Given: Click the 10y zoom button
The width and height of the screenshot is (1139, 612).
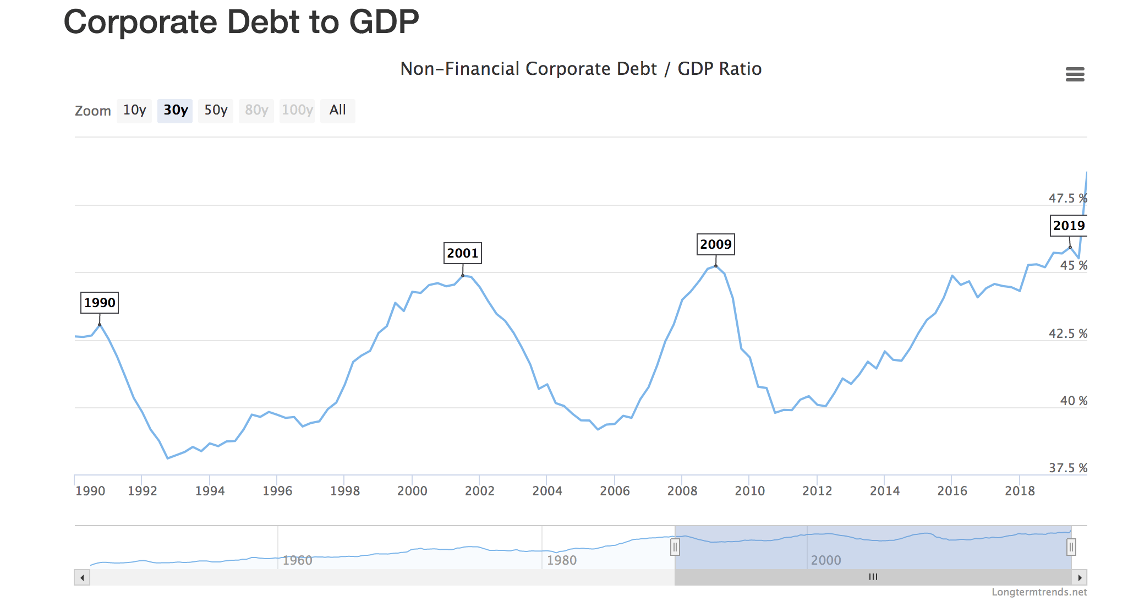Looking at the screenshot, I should pos(134,111).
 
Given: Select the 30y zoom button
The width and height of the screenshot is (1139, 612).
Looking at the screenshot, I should pos(175,111).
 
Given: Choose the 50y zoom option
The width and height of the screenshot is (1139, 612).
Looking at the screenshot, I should pos(216,111).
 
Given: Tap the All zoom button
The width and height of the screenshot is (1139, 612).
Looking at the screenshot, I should pos(337,111).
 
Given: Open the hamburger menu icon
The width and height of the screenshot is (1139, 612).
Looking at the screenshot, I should pos(1075,74).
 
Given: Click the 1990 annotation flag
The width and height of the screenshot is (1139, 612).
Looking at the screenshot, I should pos(100,303).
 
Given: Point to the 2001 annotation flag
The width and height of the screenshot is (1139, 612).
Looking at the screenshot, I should pos(463,253).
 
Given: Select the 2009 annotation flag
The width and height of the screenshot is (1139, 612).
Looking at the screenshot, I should pos(716,244).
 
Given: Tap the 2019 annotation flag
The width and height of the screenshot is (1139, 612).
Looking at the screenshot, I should pos(1069,226).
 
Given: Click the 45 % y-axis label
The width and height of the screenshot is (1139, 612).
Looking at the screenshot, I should pos(1073,266).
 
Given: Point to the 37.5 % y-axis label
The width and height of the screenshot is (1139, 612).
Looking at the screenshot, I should pos(1067,468).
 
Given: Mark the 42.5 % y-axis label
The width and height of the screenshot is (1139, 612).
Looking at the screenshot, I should pos(1067,334).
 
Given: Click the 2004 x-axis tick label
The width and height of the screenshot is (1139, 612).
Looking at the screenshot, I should pos(547,491).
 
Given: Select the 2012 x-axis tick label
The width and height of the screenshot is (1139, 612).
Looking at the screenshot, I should pos(817,491).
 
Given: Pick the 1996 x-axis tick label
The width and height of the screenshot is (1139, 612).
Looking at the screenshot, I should pos(277,491).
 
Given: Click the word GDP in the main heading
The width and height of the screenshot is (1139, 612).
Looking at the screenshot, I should pos(384,22).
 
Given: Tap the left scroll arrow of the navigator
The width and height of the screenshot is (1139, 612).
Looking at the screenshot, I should pos(82,577).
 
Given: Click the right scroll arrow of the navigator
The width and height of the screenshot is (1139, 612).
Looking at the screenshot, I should pos(1080,577).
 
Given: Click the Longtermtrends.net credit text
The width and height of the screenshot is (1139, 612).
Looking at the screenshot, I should pos(1039,592).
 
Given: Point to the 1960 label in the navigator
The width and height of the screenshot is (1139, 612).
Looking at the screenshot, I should pos(297,560).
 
